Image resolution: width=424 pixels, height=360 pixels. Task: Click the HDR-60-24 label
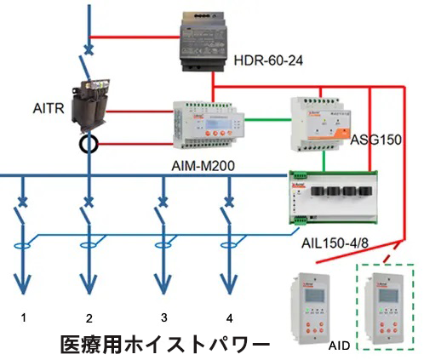tap(268, 60)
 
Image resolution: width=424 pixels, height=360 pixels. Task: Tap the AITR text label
tap(49, 108)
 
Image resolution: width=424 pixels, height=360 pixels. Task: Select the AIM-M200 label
tap(203, 166)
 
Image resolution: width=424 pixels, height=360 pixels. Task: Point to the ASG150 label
tap(375, 140)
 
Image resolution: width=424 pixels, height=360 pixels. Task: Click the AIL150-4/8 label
tap(335, 243)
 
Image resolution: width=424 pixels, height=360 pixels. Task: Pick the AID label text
tap(339, 346)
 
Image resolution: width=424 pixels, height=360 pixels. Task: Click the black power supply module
tap(202, 42)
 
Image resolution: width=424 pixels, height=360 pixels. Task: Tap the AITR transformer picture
tap(90, 106)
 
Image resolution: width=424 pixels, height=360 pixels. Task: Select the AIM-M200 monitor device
tap(209, 125)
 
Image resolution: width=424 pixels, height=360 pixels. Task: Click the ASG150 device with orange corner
tap(320, 124)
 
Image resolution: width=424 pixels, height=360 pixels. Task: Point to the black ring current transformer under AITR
tap(89, 145)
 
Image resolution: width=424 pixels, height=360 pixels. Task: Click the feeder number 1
tap(24, 317)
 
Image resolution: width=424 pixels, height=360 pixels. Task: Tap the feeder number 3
tap(163, 317)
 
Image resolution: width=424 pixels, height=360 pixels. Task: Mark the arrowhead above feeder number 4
tap(229, 283)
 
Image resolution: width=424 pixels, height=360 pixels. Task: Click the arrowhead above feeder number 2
tap(89, 283)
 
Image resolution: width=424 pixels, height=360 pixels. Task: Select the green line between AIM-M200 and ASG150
tap(267, 120)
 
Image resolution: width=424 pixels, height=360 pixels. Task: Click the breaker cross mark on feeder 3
tap(163, 202)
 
